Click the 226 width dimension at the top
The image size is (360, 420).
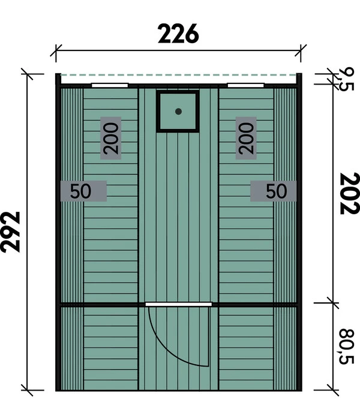(178, 34)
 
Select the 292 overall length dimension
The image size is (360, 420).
(12, 231)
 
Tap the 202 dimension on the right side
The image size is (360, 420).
(348, 193)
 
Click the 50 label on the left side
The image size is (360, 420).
(82, 191)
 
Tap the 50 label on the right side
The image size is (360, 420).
(275, 191)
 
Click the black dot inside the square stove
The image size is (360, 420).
(178, 111)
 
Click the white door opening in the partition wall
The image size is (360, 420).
(178, 304)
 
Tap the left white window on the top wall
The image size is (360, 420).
(110, 85)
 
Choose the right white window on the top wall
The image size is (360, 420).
(246, 85)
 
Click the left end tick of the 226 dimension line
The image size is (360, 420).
(56, 52)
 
